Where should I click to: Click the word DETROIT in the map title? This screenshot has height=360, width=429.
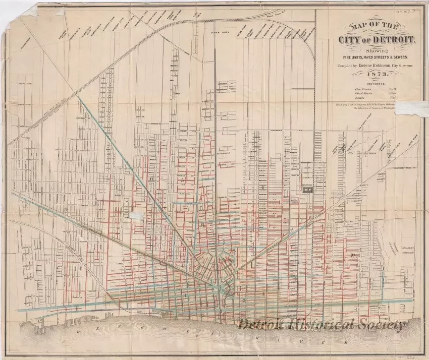click(393, 41)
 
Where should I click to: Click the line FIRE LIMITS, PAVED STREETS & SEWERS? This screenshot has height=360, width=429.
click(374, 57)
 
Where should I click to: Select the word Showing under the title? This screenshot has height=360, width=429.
click(374, 50)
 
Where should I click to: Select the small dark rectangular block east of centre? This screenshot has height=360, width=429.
click(307, 190)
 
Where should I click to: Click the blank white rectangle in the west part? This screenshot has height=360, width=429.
click(135, 215)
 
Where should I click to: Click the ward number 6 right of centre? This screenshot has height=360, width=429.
click(262, 188)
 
